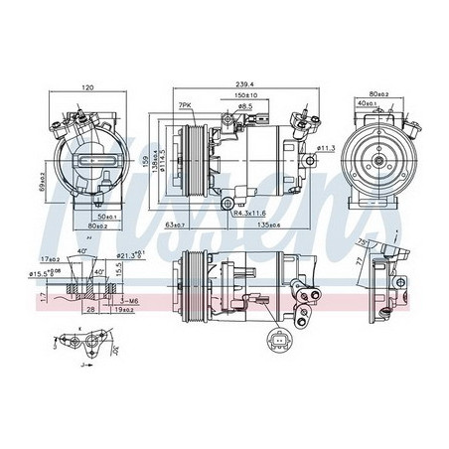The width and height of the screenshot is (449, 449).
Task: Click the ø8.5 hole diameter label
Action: pyautogui.click(x=245, y=106)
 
